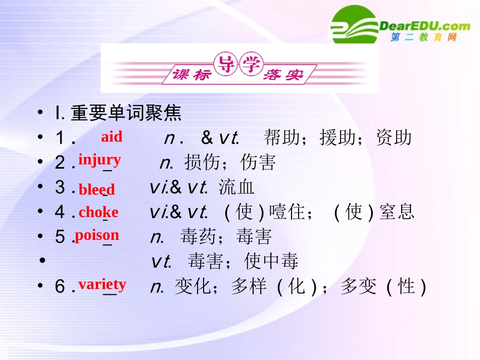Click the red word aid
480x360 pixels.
click(112, 137)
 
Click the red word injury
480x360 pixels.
click(100, 160)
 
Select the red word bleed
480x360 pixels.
click(97, 190)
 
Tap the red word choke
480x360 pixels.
click(98, 212)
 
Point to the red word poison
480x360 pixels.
click(97, 235)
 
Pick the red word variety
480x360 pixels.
click(102, 284)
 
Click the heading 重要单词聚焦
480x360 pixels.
click(126, 113)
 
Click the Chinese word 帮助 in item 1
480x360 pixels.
click(281, 137)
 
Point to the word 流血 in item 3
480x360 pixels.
click(236, 187)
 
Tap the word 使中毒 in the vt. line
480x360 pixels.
click(271, 261)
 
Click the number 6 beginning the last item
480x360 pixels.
click(60, 287)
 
